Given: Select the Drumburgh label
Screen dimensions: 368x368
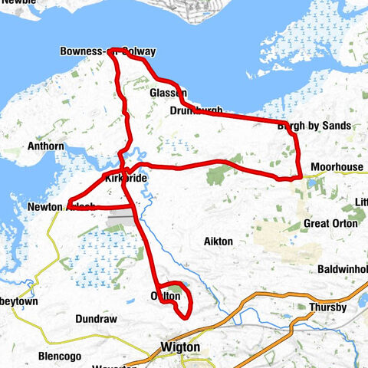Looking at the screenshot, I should (195, 111).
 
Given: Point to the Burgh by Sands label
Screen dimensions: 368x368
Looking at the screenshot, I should (314, 125).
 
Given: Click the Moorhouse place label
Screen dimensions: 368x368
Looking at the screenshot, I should (337, 167).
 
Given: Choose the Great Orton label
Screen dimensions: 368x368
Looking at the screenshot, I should (330, 223).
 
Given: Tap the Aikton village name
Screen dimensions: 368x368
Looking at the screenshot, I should (219, 242).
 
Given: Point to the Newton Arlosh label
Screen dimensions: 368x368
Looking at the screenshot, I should (61, 206).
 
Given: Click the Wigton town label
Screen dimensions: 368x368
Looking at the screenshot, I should (181, 347).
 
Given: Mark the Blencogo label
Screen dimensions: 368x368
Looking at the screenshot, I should (60, 356).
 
